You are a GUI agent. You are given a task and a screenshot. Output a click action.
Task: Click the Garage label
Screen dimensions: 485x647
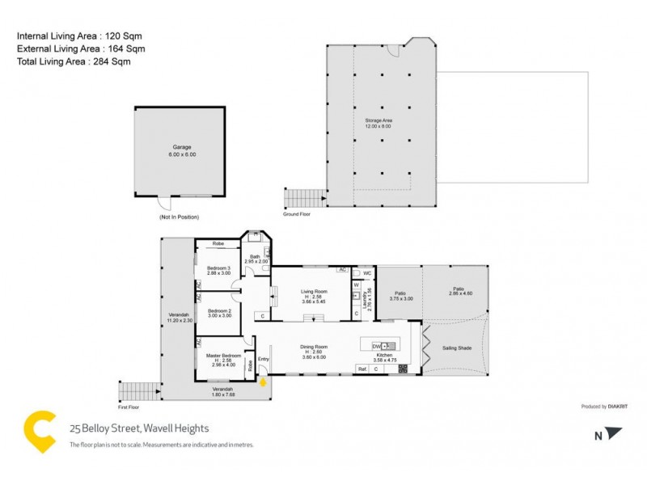pos(181,147)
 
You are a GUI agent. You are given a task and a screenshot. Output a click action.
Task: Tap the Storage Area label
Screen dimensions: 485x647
pos(378,120)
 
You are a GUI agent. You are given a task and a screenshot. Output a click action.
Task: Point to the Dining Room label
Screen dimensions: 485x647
pos(313,347)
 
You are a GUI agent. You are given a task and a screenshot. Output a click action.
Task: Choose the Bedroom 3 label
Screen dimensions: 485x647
pos(218,268)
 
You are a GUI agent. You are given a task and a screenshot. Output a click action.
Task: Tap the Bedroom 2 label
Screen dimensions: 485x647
pos(219,310)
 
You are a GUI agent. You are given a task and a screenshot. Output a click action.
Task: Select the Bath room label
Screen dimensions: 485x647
pos(255,256)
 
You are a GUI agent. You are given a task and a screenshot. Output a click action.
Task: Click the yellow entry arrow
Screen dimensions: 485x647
pos(262,382)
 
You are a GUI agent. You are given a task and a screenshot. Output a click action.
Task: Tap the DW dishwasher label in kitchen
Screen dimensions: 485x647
pos(376,346)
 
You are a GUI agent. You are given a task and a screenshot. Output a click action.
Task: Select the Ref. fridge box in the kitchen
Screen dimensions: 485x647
pos(362,369)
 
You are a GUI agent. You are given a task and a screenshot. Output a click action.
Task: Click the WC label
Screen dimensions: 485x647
pos(367,272)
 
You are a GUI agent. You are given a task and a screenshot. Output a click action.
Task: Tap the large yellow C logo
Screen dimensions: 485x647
pos(40,431)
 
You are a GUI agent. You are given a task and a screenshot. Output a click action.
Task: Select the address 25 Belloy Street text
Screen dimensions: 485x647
pos(139,428)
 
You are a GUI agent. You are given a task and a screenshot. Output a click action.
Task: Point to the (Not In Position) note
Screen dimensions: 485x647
pos(179,217)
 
